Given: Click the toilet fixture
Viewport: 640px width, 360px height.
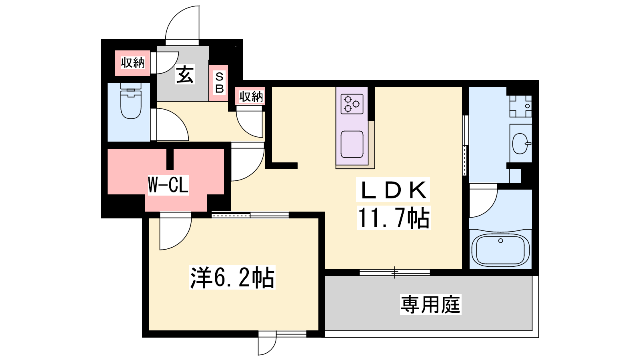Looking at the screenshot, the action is point(131,100).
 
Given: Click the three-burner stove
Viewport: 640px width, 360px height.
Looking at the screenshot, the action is point(352,104).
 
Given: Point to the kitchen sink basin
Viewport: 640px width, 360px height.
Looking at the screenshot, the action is point(352,144).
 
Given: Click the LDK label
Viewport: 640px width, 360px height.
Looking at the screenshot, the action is point(393,190).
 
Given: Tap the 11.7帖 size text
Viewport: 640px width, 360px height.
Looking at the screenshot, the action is point(394,218).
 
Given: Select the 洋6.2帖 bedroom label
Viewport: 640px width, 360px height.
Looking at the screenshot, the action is point(232,278).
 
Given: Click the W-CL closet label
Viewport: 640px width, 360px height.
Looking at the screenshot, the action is point(168,185).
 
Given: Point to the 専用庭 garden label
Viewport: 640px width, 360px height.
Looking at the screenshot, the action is point(430,305).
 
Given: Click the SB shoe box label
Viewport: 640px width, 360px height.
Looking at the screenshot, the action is point(219,83).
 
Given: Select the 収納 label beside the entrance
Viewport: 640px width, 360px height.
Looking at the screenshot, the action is point(132,62).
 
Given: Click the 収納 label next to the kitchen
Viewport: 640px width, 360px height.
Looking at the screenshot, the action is point(251,96).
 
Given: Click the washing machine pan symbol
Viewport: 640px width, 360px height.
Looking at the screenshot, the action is point(520,106).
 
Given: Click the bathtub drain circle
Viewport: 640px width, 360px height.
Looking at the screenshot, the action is point(500,240).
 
